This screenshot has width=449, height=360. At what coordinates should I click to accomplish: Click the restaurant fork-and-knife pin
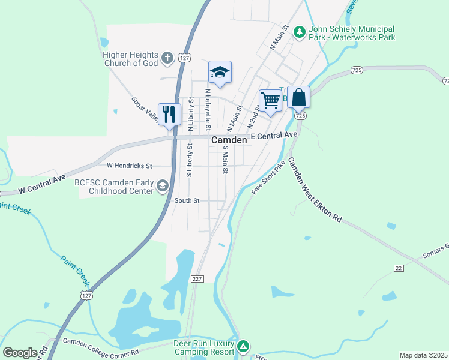coord(169,114)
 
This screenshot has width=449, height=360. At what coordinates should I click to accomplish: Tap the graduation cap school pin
coord(220,73)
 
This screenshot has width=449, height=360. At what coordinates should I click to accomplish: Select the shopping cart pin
coord(270,100)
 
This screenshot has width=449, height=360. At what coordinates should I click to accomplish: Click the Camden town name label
coord(228,140)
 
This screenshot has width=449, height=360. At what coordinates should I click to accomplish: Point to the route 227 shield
coord(197,279)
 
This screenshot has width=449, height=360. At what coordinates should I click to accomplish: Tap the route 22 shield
coord(399,268)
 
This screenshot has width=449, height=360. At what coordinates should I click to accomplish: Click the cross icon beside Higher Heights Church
coord(167,58)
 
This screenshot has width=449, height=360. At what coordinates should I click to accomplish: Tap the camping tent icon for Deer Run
coord(243,346)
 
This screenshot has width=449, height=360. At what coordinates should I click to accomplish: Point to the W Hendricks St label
coord(130,165)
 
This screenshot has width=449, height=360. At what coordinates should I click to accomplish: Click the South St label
coord(187,201)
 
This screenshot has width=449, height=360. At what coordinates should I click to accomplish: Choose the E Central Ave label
coord(274,136)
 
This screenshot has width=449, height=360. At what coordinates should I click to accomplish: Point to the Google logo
coord(20,352)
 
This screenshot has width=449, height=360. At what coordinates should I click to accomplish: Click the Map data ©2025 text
coord(423,355)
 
